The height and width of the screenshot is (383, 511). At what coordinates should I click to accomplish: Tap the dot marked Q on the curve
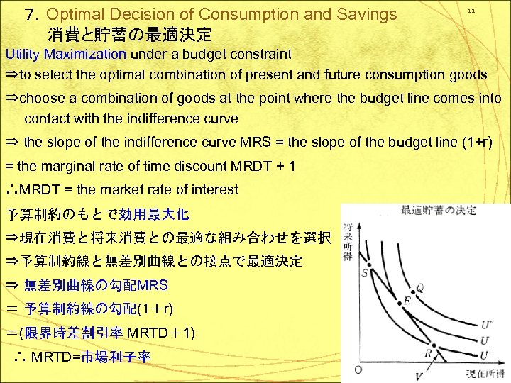click(419, 288)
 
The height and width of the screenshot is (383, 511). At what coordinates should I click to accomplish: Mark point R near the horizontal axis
click(429, 353)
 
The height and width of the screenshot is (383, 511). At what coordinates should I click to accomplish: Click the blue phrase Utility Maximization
click(66, 54)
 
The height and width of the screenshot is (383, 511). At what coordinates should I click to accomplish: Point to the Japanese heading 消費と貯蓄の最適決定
click(131, 34)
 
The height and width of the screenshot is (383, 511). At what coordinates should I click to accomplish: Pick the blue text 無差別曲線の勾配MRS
click(96, 285)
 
